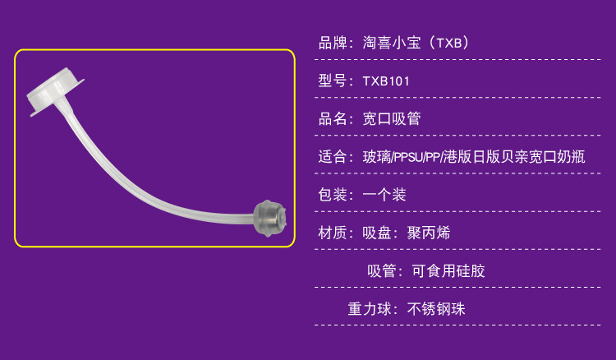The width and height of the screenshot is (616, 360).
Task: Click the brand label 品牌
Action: tap(332, 43)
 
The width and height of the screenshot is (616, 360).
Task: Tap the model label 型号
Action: tap(332, 81)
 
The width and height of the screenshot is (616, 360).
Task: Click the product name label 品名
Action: tap(332, 118)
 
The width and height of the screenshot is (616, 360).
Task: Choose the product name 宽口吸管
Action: tap(392, 118)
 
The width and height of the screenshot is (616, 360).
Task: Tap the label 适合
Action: tap(332, 157)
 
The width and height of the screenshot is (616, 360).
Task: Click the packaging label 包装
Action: tap(332, 195)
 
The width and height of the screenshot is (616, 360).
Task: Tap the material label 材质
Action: tap(332, 233)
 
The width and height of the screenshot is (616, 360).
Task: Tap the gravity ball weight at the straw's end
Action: tap(271, 217)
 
